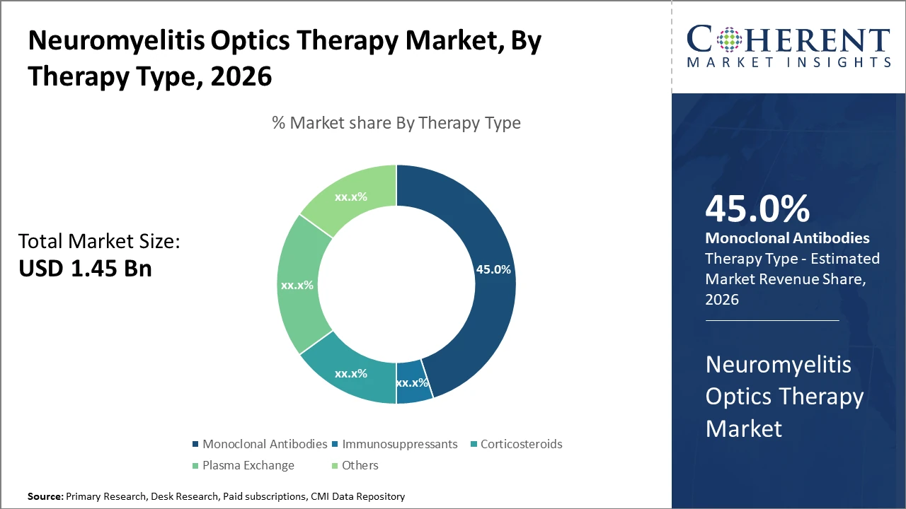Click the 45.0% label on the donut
pos(493,269)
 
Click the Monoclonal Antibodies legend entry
pos(265,444)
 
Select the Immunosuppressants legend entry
pos(399,444)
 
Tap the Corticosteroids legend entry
pos(521,444)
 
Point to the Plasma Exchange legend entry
pos(248,465)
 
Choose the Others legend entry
pos(360,465)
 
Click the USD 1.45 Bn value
pos(85,268)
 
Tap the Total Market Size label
pos(99,242)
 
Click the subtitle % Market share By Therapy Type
pos(396,123)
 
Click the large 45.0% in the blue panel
pos(757,209)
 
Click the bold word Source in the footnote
pos(45,496)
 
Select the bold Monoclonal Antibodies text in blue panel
pos(788,238)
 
